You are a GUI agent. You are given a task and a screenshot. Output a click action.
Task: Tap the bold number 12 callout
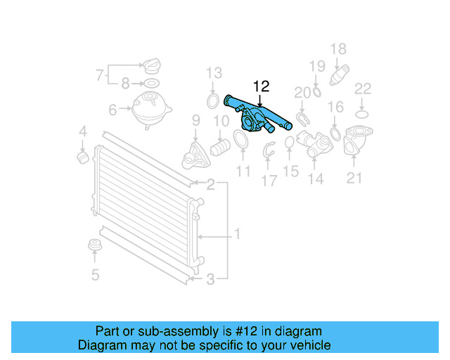coord(260,86)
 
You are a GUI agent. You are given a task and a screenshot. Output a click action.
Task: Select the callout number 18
coord(338,49)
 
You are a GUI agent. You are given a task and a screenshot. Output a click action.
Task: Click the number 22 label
coord(363,89)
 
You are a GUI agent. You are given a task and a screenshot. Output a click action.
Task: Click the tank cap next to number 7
coord(153,68)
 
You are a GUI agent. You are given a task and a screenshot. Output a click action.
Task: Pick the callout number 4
coord(82,131)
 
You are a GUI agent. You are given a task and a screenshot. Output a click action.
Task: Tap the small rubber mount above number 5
coord(92,246)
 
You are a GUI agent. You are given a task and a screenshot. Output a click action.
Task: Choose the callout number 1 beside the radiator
coord(237,233)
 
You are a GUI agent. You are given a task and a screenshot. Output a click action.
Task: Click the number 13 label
coord(214,72)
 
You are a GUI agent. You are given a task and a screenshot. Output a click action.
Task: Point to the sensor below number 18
coord(340,74)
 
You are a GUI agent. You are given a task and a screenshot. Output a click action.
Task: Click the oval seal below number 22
coord(362,113)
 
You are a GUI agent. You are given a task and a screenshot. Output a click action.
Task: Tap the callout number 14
coord(316,179)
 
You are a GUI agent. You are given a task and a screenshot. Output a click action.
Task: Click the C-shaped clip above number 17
coord(269,150)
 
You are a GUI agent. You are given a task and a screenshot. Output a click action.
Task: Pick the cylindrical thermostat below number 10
coord(219,148)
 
